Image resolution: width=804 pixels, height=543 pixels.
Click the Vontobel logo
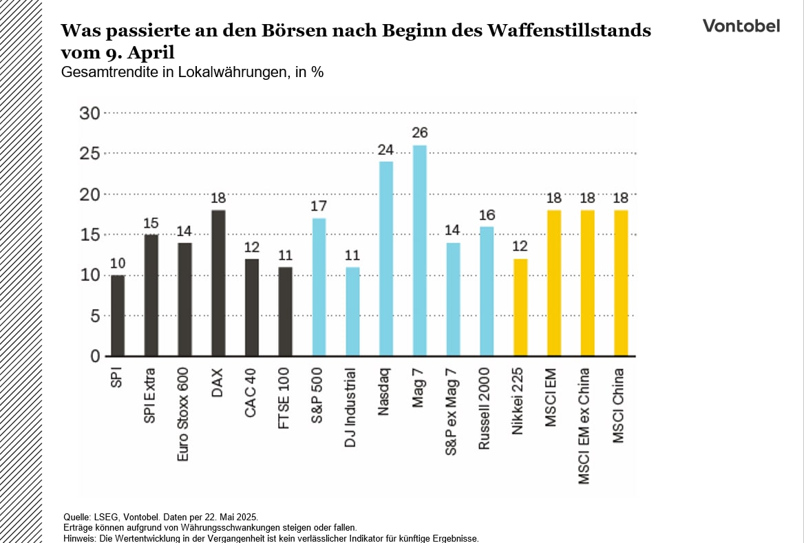pos(741,26)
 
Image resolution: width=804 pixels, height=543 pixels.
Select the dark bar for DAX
pos(218,283)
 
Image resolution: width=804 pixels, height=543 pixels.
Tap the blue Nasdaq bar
pos(385,259)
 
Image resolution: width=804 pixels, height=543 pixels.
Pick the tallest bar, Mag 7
pos(419,251)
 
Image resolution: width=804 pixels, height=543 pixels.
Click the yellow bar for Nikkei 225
pos(520,307)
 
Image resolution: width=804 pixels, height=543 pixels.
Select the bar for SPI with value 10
pos(118,315)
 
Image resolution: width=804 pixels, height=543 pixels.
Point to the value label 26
pos(419,132)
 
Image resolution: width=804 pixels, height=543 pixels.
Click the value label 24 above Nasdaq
pos(385,149)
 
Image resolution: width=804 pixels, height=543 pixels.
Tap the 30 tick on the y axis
pos(90,114)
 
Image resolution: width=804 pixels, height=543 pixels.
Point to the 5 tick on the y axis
pos(96,316)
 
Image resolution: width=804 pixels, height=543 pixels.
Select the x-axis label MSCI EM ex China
pos(585,426)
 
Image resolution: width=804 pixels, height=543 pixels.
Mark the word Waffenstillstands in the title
pos(568,30)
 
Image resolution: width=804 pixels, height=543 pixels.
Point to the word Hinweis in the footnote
pos(77,537)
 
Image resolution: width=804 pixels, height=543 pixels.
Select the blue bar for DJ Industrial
pos(352,311)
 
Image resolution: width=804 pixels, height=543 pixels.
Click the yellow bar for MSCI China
pos(620,283)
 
